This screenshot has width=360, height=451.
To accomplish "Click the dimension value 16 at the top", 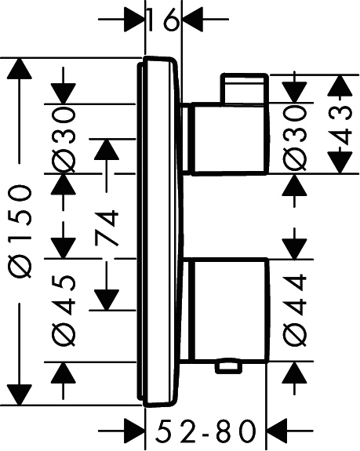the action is [x=163, y=20].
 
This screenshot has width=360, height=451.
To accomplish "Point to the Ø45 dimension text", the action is [x=64, y=311].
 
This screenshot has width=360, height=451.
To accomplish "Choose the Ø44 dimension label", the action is [x=294, y=310].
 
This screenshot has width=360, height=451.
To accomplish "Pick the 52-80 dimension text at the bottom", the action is [x=205, y=431].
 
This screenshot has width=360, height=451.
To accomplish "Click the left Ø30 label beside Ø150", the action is [x=64, y=139].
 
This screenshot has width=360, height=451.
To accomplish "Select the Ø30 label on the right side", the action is [x=294, y=139].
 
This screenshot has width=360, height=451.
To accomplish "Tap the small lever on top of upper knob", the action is [x=245, y=89].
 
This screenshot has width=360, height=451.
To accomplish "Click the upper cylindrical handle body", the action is [x=231, y=139].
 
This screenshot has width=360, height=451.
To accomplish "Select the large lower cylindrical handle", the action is [x=231, y=310].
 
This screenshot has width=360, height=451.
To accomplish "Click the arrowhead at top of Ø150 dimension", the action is [x=20, y=68].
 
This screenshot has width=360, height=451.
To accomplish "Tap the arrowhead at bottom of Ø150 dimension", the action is [x=20, y=395].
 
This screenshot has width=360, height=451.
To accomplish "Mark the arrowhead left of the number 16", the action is [x=134, y=20].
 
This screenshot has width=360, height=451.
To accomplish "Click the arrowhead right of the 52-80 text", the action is [x=278, y=431].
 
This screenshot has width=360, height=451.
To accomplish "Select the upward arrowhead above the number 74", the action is [x=107, y=149].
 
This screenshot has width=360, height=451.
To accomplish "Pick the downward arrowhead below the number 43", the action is [x=340, y=163].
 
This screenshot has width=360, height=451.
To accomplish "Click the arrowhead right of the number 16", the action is [x=193, y=20].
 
